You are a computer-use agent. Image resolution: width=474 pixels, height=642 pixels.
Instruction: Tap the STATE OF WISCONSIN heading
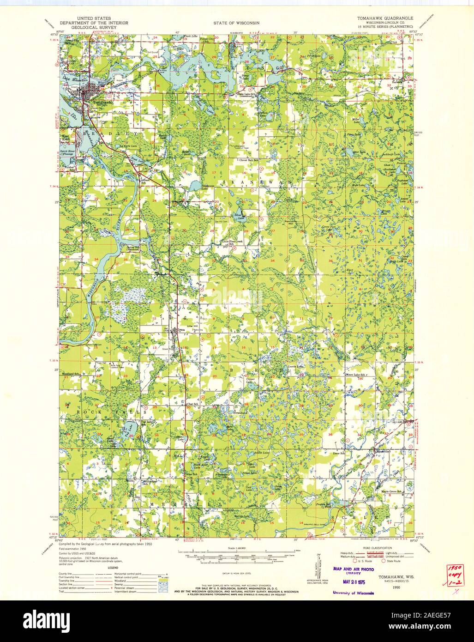236,23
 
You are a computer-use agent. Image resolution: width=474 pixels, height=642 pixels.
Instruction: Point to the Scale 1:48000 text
236,548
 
